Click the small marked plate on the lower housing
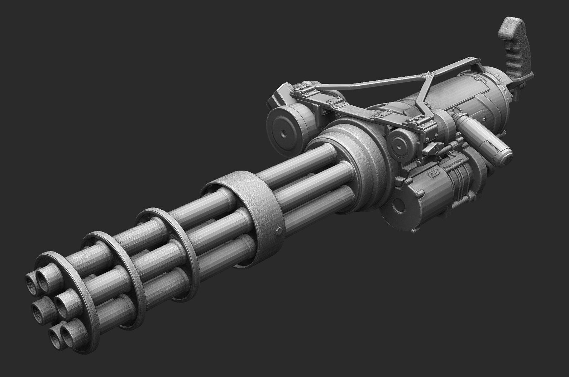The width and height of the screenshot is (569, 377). (x=434, y=175)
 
